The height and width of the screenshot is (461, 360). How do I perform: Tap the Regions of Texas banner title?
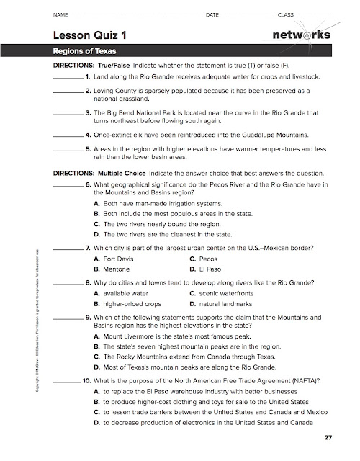pos(85,52)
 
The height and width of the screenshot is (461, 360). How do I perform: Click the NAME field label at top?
pos(60,14)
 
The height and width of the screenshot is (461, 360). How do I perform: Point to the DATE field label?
pos(212,14)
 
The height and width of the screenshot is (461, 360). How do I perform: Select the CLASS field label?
pos(286,14)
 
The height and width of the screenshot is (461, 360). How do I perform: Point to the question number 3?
pos(87,113)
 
